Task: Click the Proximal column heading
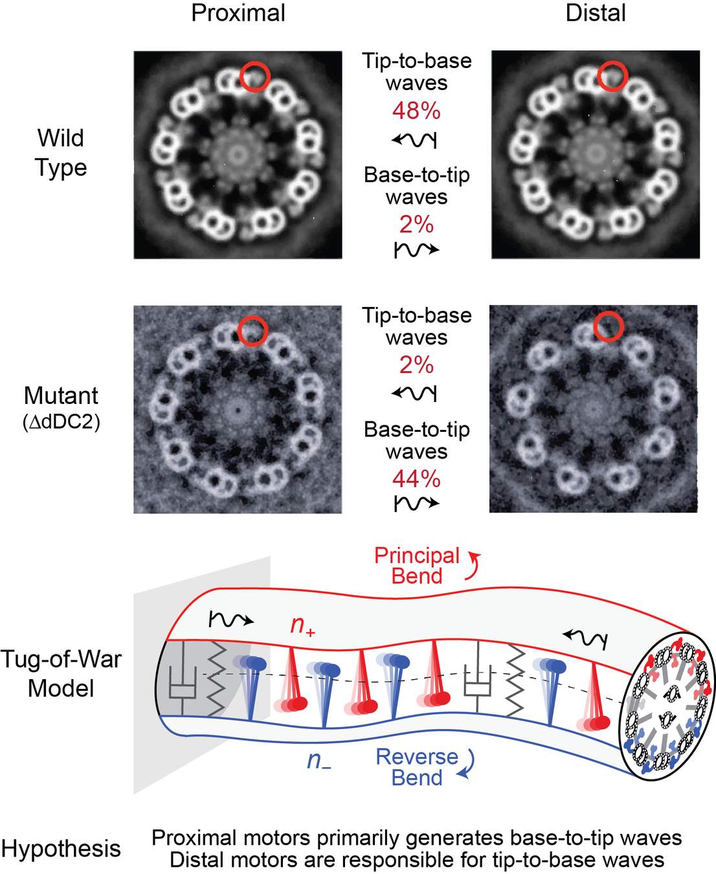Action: click(x=238, y=13)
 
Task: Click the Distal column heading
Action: click(x=596, y=13)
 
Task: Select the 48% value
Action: click(x=416, y=111)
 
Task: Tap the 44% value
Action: click(x=416, y=479)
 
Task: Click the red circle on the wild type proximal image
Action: click(x=254, y=76)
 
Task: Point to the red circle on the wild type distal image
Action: click(x=612, y=76)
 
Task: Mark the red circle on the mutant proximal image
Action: click(x=252, y=331)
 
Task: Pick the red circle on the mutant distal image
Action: click(x=609, y=326)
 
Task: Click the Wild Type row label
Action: click(x=61, y=153)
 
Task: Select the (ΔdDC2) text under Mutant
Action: click(x=62, y=422)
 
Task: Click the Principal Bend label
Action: click(x=417, y=565)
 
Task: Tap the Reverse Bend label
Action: click(x=417, y=767)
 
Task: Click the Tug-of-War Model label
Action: click(x=61, y=673)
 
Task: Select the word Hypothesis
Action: click(x=61, y=849)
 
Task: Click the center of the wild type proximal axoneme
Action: click(x=238, y=155)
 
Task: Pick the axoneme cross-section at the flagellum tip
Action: click(x=667, y=706)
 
